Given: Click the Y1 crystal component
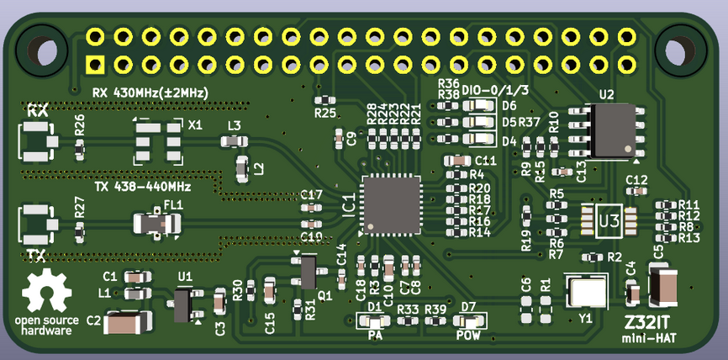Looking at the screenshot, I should tap(587, 292).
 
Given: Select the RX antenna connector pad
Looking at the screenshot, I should tap(36, 140).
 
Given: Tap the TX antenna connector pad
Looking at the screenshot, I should tap(36, 223).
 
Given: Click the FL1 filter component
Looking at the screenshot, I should tap(158, 224).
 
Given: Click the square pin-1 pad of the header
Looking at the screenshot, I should tap(95, 64).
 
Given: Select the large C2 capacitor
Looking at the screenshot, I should tap(128, 321).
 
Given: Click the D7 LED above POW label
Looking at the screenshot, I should tap(469, 320).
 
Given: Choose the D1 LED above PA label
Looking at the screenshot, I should tap(374, 320).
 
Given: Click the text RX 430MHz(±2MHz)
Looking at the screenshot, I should tap(150, 91).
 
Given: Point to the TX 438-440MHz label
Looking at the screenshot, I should tap(143, 186).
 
